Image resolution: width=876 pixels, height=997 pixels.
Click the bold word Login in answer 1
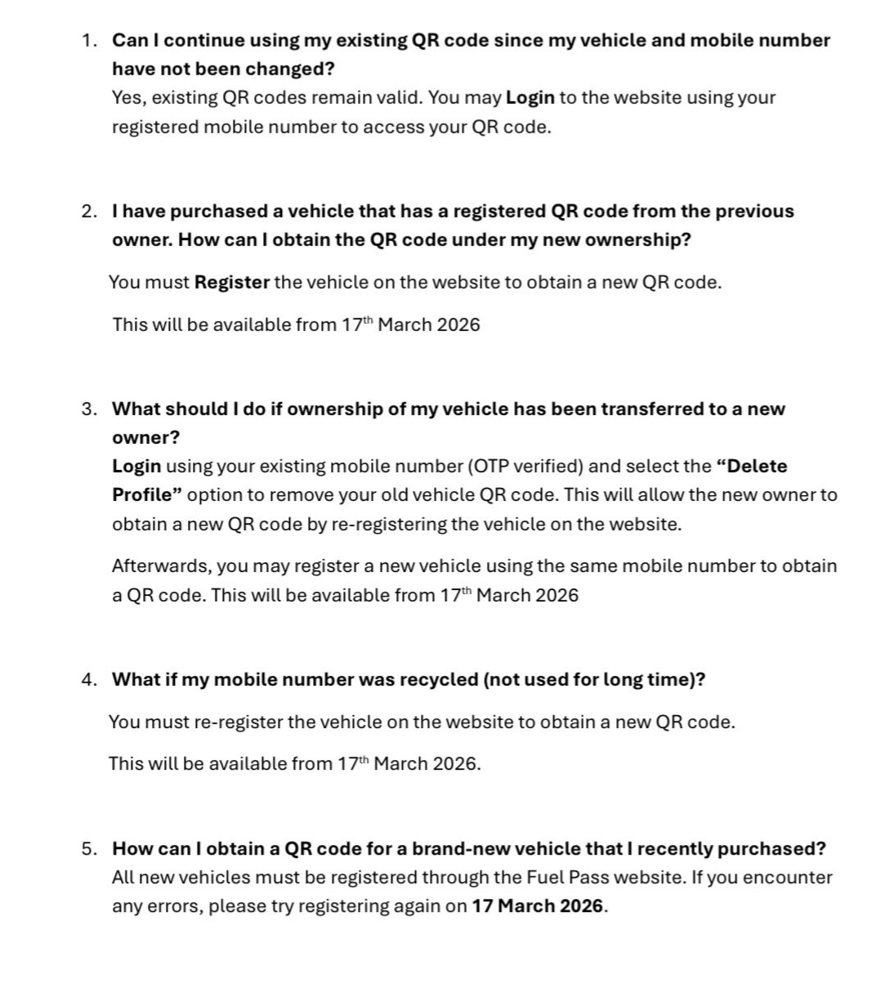click(530, 98)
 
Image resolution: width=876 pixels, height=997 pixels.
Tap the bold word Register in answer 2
click(231, 283)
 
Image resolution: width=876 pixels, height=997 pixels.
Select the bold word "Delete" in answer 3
click(752, 467)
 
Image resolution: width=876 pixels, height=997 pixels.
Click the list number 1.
click(88, 41)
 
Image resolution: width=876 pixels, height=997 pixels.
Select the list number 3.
click(88, 409)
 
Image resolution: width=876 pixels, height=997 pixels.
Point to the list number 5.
click(88, 849)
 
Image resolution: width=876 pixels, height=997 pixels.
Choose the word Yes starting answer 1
click(127, 98)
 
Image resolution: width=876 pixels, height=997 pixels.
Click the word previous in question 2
click(754, 212)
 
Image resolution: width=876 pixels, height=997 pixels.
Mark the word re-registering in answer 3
click(388, 525)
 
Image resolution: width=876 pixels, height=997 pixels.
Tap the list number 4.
click(88, 680)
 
